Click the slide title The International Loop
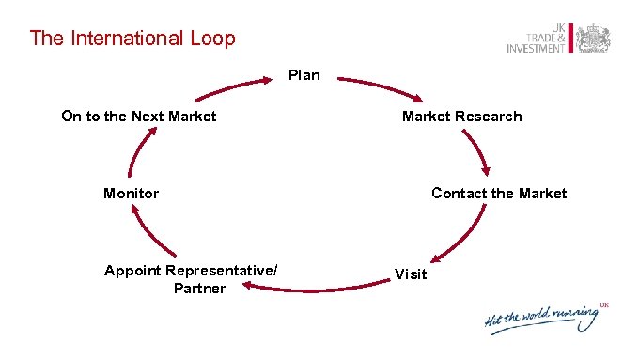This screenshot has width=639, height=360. coord(132,39)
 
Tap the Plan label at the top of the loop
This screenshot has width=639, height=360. coord(304,75)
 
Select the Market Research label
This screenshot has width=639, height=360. coord(461,117)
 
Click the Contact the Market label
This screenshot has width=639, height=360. coord(498,194)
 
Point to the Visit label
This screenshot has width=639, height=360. coord(411,274)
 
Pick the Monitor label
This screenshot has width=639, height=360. coord(131,194)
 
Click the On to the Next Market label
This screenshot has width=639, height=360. coord(138,117)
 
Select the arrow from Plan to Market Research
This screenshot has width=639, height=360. coord(381,87)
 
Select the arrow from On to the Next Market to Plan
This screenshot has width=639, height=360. coord(235,87)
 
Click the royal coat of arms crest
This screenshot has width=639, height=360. coord(593,38)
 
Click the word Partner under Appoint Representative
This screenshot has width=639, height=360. coord(199,288)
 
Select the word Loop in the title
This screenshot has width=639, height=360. coord(212,39)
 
